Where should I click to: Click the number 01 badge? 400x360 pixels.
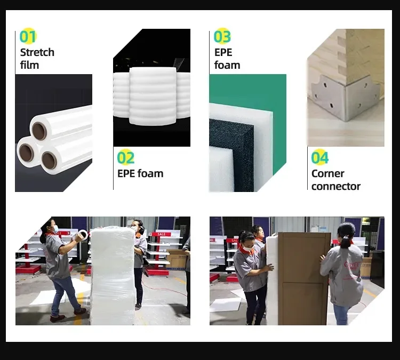coord(28,36)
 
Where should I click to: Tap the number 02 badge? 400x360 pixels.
coord(125,157)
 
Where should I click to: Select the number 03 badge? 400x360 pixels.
coord(222,36)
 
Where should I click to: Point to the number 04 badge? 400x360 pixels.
coord(320,157)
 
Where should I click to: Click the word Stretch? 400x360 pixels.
coord(37,53)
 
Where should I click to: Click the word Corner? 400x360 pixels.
coord(328,174)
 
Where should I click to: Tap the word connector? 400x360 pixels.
coord(335,187)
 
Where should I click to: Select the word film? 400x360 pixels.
coord(29,65)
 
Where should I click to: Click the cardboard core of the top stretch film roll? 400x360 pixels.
coord(39,131)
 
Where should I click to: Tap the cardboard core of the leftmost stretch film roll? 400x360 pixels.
coord(27,153)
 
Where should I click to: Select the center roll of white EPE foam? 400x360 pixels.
coord(153,96)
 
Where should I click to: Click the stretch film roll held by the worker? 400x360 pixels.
coord(83,234)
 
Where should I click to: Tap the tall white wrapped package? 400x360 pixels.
coord(113,276)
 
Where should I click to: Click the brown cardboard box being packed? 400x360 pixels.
coord(303,278)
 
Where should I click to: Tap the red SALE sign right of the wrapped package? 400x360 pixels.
coord(161,234)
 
